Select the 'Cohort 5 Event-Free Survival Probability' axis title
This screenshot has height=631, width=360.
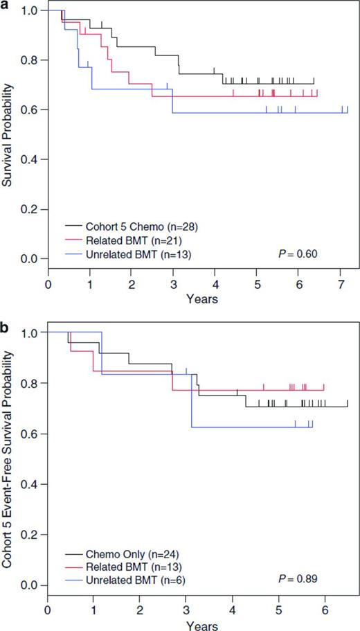tap(8, 458)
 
